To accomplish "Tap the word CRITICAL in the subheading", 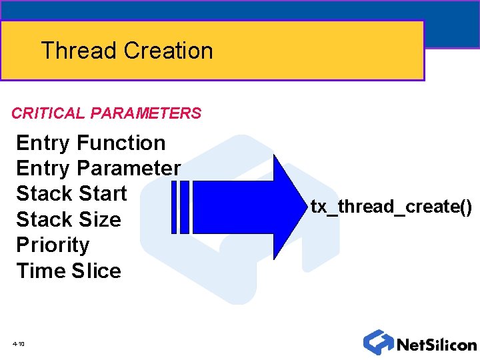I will pyautogui.click(x=47, y=113).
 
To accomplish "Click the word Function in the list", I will pyautogui.click(x=121, y=143).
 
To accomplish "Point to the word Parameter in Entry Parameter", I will pyautogui.click(x=129, y=168).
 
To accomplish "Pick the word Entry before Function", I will pyautogui.click(x=43, y=143).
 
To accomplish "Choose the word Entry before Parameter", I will pyautogui.click(x=43, y=168).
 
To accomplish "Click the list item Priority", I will pyautogui.click(x=53, y=245).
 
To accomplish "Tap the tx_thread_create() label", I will pyautogui.click(x=391, y=207).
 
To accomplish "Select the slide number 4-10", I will pyautogui.click(x=18, y=344).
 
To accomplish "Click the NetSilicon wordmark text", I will pyautogui.click(x=437, y=345).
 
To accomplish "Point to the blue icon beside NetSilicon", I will pyautogui.click(x=378, y=342).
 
